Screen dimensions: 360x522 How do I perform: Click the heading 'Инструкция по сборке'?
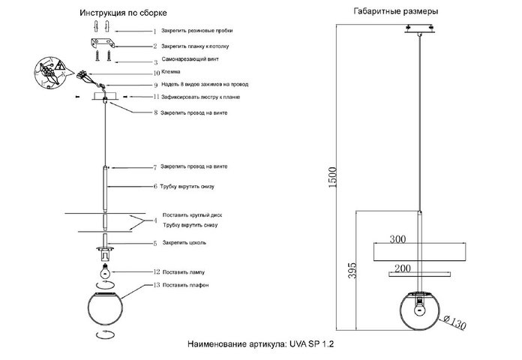(123, 13)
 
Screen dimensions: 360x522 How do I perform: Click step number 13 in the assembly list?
(155, 286)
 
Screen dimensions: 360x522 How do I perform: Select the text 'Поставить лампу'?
(184, 271)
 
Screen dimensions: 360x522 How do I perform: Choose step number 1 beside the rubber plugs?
(154, 32)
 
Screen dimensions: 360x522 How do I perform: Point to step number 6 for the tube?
(155, 185)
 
